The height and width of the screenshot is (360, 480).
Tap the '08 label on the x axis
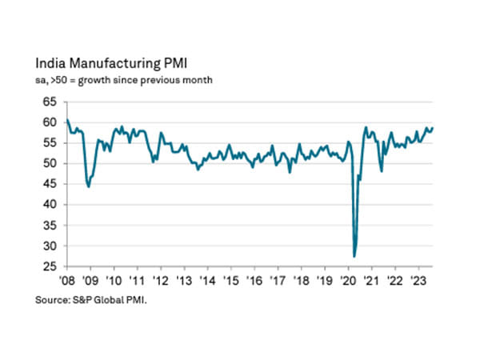point(66,281)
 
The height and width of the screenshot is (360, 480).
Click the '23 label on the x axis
point(417,281)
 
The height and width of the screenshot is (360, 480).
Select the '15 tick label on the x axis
point(230,281)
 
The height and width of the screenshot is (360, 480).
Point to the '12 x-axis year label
point(160,281)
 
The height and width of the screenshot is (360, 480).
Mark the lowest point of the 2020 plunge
point(354,256)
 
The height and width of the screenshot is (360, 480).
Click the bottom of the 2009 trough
point(88,186)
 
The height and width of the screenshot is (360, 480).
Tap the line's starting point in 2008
point(67,120)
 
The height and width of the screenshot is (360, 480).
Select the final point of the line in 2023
point(433,128)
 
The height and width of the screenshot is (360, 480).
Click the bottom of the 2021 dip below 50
point(382,170)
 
